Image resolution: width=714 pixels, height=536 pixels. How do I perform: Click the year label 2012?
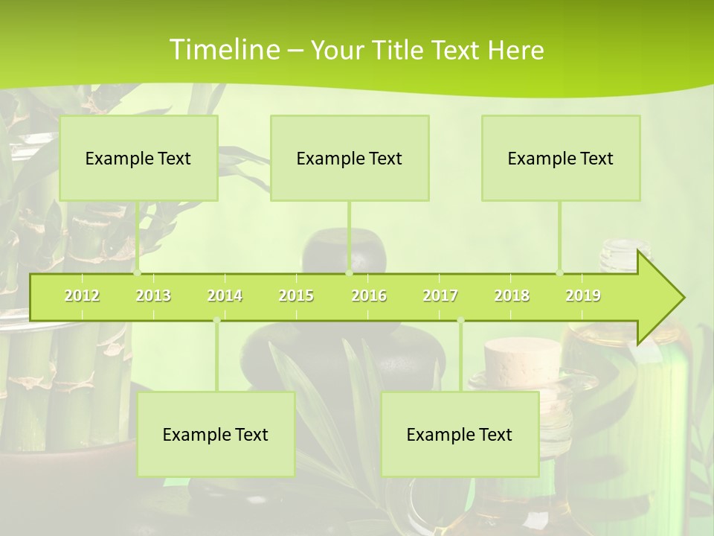82,296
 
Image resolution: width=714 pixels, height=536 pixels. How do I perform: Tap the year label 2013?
153,296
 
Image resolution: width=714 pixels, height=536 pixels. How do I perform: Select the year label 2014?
225,296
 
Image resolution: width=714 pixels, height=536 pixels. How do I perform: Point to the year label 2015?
296,296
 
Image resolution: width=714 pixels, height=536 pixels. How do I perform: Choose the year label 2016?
369,296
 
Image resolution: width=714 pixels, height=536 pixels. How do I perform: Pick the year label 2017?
440,296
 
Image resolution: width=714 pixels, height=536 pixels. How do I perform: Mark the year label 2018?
512,296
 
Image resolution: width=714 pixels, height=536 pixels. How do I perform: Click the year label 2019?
583,296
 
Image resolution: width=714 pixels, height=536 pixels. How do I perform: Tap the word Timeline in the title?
224,50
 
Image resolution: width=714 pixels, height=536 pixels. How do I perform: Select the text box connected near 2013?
138,158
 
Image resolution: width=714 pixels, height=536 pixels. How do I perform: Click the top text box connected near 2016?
350,158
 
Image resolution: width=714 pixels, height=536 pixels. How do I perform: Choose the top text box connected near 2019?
561,158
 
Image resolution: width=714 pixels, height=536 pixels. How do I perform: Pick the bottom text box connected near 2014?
216,434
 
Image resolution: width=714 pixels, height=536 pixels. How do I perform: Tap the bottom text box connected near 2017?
460,434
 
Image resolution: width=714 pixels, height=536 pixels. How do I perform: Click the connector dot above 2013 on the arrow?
138,273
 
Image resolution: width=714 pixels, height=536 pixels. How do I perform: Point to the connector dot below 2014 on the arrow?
216,320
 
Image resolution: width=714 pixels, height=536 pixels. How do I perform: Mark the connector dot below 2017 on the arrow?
460,320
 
